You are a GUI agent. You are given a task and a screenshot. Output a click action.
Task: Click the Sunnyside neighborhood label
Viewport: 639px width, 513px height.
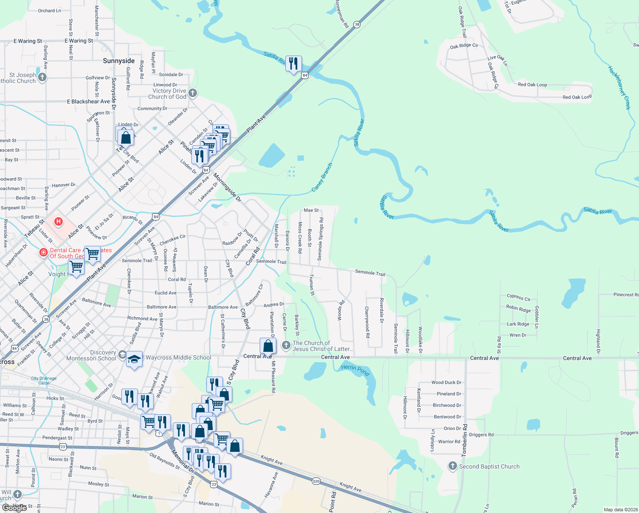click(119, 61)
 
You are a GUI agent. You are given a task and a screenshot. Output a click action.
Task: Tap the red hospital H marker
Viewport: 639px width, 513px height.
click(59, 222)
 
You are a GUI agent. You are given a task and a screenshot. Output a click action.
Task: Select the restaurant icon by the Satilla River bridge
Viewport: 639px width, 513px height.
click(293, 64)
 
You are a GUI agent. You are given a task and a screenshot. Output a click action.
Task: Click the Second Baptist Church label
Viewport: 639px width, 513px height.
click(489, 466)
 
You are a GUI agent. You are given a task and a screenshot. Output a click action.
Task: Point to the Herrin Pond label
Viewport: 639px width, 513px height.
click(355, 370)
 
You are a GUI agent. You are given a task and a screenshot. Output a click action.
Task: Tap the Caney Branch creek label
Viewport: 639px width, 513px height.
click(322, 177)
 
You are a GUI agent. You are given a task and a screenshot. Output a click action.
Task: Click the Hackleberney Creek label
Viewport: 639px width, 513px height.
click(619, 88)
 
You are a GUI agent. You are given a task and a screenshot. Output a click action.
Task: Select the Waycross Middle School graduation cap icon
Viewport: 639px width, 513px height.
click(134, 359)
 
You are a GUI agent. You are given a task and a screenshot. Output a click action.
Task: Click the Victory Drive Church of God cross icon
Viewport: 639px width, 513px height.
click(193, 93)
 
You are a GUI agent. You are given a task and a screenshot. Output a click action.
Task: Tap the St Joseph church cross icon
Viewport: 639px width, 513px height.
click(42, 77)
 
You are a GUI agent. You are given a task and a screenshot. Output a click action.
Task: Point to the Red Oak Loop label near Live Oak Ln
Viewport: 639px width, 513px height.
click(532, 85)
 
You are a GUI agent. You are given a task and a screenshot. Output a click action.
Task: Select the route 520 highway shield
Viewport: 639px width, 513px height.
click(316, 481)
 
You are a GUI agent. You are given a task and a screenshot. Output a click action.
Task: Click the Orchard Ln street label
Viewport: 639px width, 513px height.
click(50, 11)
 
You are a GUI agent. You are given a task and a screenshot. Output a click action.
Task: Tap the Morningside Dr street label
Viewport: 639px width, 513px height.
click(227, 187)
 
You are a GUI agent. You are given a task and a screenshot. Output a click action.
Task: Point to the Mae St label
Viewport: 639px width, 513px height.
click(311, 210)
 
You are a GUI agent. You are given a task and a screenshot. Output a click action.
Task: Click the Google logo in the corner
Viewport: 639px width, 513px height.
click(15, 508)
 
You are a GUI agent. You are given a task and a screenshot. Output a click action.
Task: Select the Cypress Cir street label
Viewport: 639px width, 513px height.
click(519, 297)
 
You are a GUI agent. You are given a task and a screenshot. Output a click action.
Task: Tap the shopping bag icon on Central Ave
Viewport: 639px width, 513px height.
click(268, 345)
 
